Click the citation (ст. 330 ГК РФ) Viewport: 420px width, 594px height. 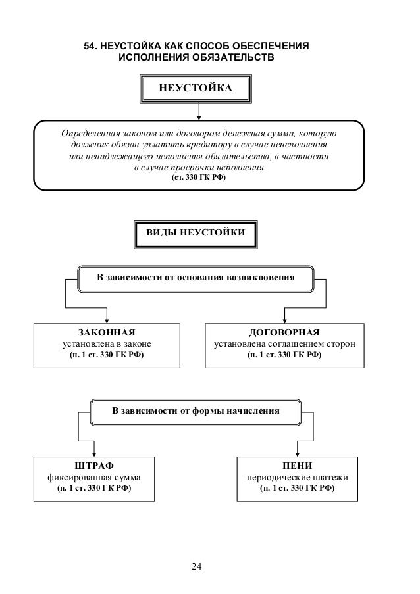coord(198,178)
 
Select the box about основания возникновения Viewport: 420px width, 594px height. coord(195,278)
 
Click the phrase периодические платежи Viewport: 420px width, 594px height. coord(297,478)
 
